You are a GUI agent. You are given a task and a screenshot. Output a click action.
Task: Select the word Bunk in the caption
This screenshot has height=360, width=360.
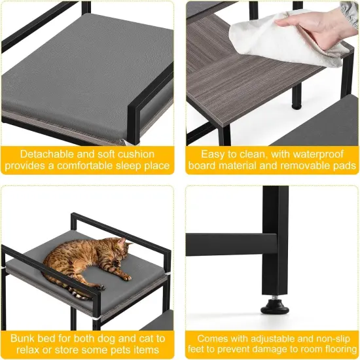24,338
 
